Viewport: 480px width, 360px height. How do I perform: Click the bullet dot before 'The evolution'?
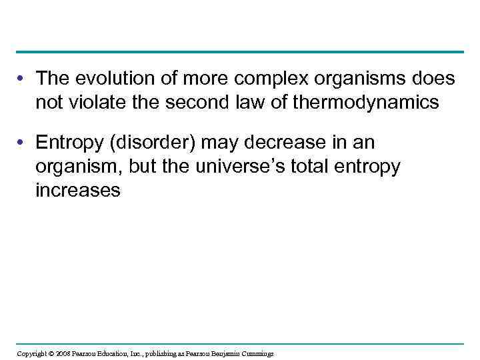(23, 80)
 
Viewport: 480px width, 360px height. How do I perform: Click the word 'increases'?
(78, 189)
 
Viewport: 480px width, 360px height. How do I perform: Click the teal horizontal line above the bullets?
(240, 52)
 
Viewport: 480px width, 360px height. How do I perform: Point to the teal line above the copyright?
(240, 344)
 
